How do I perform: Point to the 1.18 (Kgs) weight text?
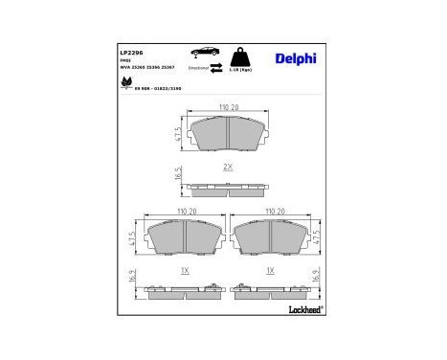(240, 70)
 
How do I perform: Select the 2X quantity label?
(227, 168)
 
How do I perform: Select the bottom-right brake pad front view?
(271, 238)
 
